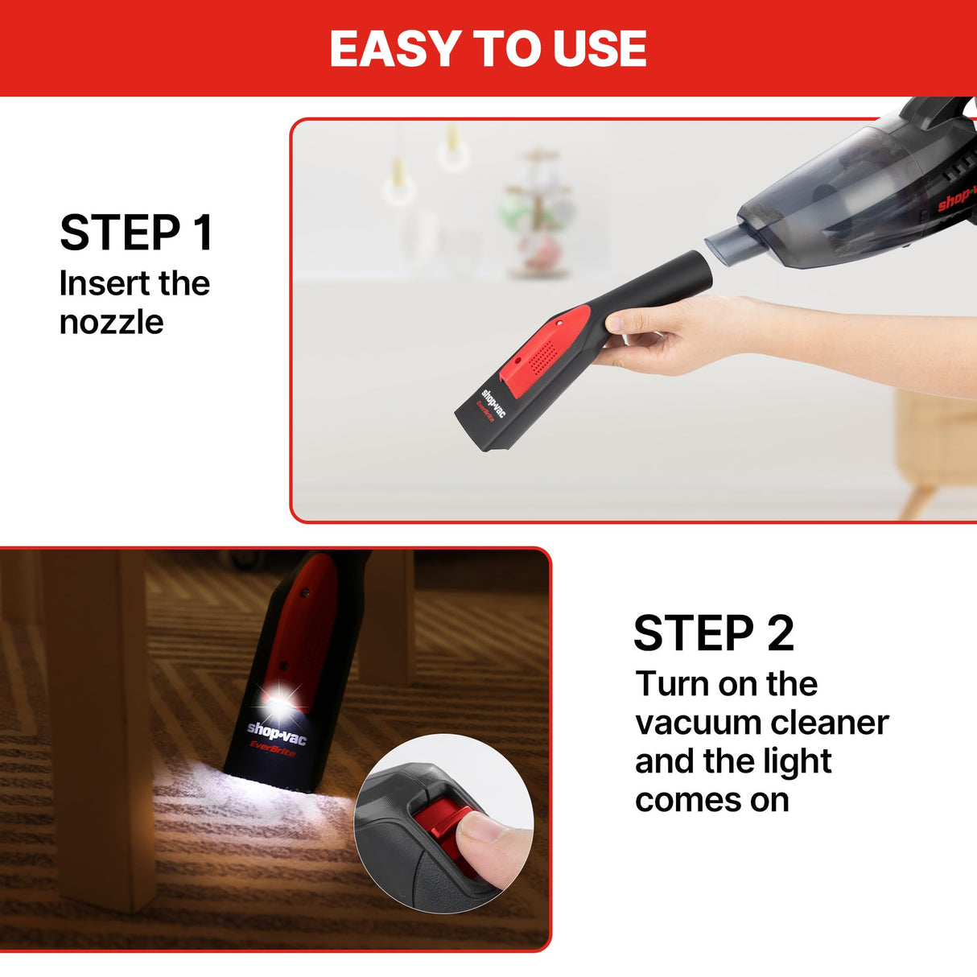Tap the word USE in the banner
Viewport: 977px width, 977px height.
pyautogui.click(x=600, y=49)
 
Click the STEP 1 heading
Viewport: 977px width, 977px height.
pyautogui.click(x=137, y=233)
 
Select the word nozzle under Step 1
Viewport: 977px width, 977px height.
pyautogui.click(x=111, y=323)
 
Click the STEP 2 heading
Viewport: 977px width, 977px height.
pyautogui.click(x=714, y=633)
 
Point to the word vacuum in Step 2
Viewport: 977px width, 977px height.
pyautogui.click(x=692, y=723)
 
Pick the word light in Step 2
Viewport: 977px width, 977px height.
pyautogui.click(x=793, y=761)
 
